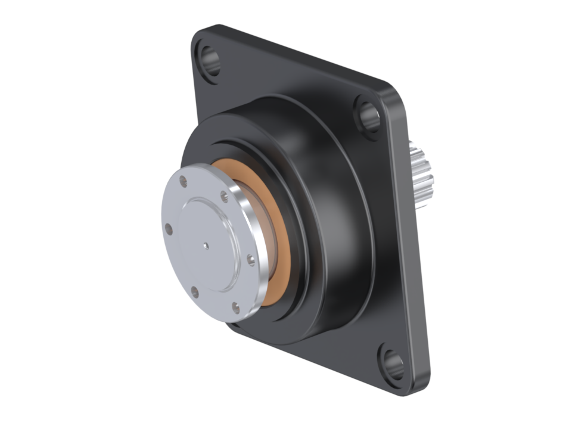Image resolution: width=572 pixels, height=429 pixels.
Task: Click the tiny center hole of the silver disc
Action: click(205, 244)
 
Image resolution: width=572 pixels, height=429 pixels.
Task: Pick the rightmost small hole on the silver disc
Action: click(250, 259)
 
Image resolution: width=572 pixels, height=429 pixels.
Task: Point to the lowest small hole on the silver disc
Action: click(235, 307)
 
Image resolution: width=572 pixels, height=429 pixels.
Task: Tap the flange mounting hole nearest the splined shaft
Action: click(368, 113)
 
